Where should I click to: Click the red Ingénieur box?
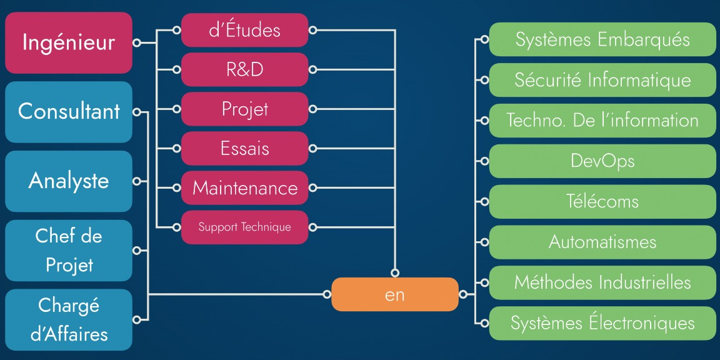[68, 42]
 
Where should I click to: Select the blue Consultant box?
[68, 112]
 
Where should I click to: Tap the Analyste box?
[68, 181]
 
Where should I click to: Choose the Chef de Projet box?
[68, 251]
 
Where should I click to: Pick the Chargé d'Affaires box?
[68, 319]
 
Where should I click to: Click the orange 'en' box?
[395, 294]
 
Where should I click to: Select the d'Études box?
[245, 30]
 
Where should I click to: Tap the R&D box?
[245, 70]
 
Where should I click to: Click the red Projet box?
[245, 109]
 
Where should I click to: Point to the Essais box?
[245, 148]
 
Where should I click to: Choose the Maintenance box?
[245, 187]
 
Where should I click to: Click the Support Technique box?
[245, 227]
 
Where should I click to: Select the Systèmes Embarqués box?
[602, 39]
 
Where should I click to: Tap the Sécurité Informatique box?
[602, 80]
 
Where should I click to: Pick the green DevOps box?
[602, 161]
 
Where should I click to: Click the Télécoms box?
[602, 202]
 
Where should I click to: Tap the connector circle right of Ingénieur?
[136, 42]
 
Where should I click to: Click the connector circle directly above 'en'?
[395, 273]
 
